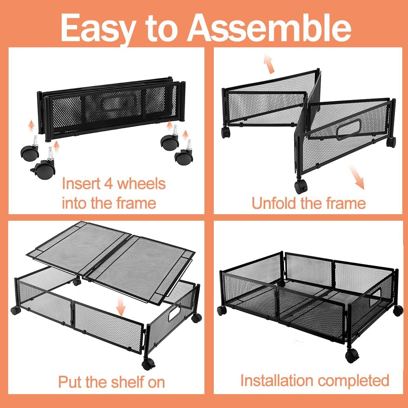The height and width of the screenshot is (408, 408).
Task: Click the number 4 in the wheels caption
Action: click(109, 184)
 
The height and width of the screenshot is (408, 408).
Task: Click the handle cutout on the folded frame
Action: click(118, 102)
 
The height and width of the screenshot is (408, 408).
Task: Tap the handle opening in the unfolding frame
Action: click(349, 129)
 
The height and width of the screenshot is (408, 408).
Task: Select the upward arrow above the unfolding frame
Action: click(269, 63)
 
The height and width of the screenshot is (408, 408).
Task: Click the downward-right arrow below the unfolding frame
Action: click(357, 177)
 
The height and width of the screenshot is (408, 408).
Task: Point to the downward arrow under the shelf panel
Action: click(120, 306)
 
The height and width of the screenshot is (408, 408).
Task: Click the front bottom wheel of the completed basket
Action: click(352, 356)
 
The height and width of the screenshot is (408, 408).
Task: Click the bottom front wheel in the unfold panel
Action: click(301, 186)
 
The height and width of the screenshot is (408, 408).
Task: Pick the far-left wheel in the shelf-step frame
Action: click(16, 310)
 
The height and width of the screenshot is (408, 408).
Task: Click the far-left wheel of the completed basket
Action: click(222, 310)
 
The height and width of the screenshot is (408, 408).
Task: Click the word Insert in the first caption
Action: click(81, 183)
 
